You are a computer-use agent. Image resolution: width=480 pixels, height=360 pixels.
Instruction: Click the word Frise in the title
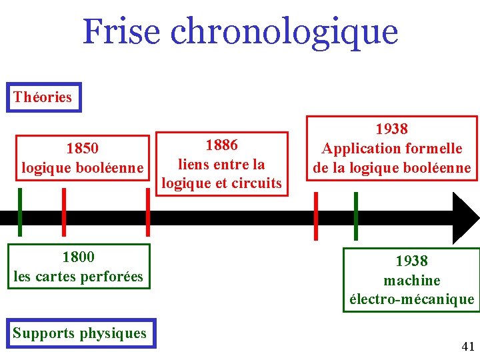click(122, 31)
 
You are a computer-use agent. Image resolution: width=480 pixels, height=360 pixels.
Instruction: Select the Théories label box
click(43, 97)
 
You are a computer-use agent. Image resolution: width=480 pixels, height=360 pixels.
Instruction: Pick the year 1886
click(221, 145)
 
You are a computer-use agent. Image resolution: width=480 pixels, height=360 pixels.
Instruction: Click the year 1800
click(78, 257)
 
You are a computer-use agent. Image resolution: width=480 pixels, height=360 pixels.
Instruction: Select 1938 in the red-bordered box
click(391, 129)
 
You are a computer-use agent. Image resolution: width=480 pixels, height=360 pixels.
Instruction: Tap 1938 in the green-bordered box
click(411, 261)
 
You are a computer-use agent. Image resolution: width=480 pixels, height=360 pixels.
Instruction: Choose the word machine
click(411, 281)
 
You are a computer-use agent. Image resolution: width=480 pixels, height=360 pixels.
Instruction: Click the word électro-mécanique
click(412, 300)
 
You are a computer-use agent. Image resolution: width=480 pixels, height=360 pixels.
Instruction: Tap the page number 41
click(468, 346)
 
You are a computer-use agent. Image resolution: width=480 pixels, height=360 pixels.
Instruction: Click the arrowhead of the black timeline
click(466, 218)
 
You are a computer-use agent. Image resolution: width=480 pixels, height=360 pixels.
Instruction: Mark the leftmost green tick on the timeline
click(20, 212)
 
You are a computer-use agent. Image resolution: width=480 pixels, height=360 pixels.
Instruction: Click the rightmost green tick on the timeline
click(355, 215)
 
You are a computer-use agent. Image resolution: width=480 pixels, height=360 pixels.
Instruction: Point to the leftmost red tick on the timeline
click(63, 212)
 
